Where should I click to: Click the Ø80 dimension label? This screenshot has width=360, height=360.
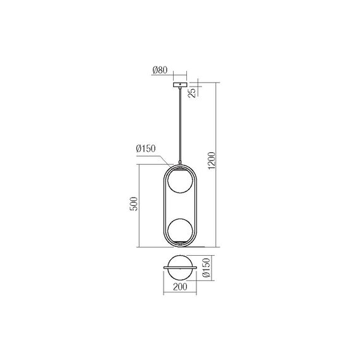coord(160,71)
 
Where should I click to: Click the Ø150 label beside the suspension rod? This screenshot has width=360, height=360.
coord(146,148)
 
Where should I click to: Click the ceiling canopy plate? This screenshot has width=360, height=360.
coord(180,85)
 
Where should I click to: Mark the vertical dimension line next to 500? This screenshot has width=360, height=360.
coord(140,206)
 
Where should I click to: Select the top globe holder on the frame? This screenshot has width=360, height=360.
coord(180,169)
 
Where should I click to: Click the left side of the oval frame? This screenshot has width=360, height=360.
coord(165,206)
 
